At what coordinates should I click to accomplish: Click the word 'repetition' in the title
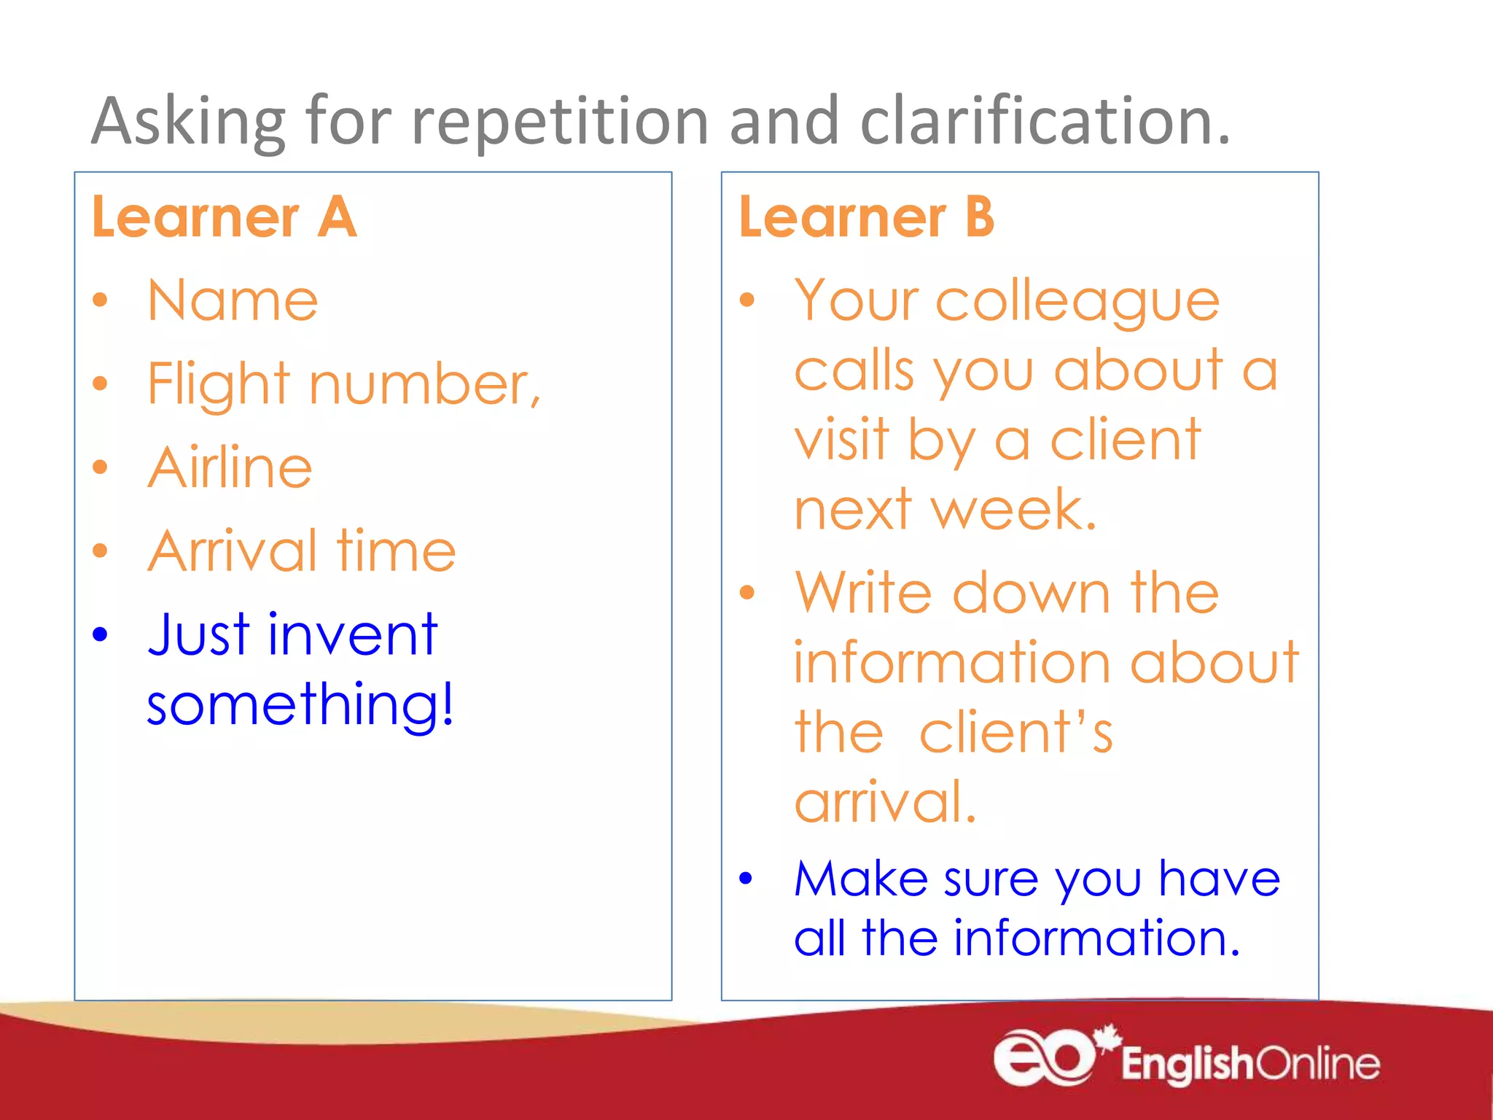click(x=560, y=122)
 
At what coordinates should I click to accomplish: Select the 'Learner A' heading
click(x=224, y=217)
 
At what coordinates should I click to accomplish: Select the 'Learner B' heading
click(x=866, y=217)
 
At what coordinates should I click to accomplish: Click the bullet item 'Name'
click(x=233, y=300)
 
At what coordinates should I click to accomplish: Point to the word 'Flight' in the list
click(x=219, y=384)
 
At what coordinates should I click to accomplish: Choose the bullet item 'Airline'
click(x=230, y=467)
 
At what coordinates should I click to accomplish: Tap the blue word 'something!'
click(x=300, y=704)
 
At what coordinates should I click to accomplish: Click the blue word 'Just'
click(x=199, y=634)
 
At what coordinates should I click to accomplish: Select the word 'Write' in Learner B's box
click(x=863, y=593)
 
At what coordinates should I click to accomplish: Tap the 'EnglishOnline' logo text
click(x=1250, y=1064)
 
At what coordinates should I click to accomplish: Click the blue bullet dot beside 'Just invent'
click(x=100, y=634)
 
